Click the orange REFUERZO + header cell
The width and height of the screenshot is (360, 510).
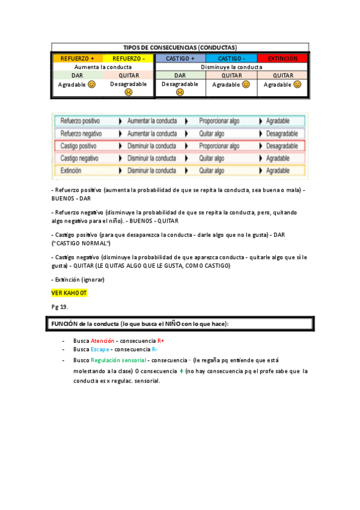[78, 58]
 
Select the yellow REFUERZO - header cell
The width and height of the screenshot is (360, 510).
[129, 58]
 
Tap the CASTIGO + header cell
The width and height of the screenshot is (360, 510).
[180, 58]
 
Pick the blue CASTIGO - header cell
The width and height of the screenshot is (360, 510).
[231, 58]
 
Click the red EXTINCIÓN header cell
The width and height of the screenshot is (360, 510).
[282, 58]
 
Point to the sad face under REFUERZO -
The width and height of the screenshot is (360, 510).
[129, 93]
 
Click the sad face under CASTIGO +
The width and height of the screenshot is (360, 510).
[180, 93]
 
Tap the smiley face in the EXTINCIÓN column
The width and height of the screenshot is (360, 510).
[297, 85]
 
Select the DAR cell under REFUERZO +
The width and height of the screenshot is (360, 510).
[78, 76]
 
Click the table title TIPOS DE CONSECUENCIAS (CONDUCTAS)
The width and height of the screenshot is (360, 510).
[180, 47]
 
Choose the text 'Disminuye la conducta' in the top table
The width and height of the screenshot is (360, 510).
[231, 67]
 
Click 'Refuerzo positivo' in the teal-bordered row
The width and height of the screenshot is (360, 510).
[80, 121]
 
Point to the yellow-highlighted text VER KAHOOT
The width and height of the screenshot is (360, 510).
[69, 292]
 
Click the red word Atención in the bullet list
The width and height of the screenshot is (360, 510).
[102, 340]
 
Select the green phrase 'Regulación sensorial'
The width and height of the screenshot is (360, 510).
[118, 360]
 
